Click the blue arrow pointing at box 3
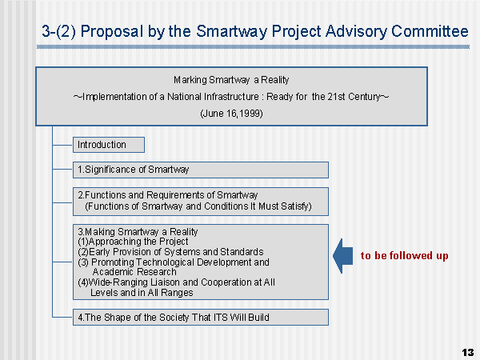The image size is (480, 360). click(x=343, y=256)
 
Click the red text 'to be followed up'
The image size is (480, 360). click(x=404, y=256)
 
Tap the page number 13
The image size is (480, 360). click(x=468, y=352)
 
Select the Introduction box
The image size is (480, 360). click(x=109, y=145)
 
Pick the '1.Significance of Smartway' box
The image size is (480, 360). click(x=201, y=170)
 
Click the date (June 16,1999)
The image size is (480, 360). click(x=231, y=114)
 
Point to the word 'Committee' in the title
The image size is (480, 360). click(x=430, y=31)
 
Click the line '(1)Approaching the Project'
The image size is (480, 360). click(x=133, y=242)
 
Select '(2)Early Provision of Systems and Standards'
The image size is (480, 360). click(x=171, y=252)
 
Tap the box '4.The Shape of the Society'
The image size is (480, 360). click(x=201, y=317)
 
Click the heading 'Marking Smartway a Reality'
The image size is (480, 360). click(x=231, y=80)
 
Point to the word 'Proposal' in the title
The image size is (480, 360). click(x=112, y=31)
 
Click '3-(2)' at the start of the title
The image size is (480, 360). click(x=58, y=31)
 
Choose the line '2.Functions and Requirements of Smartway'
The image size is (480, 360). click(x=168, y=195)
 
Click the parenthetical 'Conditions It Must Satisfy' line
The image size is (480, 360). click(x=198, y=206)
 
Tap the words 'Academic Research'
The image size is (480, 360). click(x=134, y=272)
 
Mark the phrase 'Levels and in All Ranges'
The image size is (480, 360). click(x=142, y=293)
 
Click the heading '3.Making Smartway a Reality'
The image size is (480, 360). click(x=138, y=232)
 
